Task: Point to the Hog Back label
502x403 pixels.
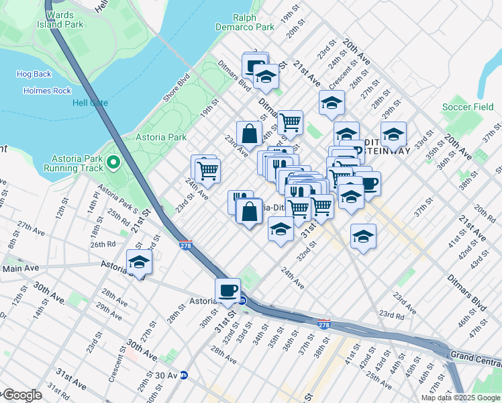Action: point(32,75)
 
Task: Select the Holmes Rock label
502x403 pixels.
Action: point(46,90)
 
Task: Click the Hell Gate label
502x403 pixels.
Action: point(90,103)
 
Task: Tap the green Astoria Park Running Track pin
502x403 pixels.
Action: point(113,162)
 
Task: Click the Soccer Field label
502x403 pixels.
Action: point(467,107)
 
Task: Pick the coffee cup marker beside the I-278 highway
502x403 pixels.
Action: point(228,290)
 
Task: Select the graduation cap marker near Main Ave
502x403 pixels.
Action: point(140,261)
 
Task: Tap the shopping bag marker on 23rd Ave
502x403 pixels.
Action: point(249,132)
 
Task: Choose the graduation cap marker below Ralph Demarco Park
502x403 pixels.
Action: point(266,77)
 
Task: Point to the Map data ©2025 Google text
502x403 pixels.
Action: point(460,398)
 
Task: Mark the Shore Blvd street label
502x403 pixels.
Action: point(177,88)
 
